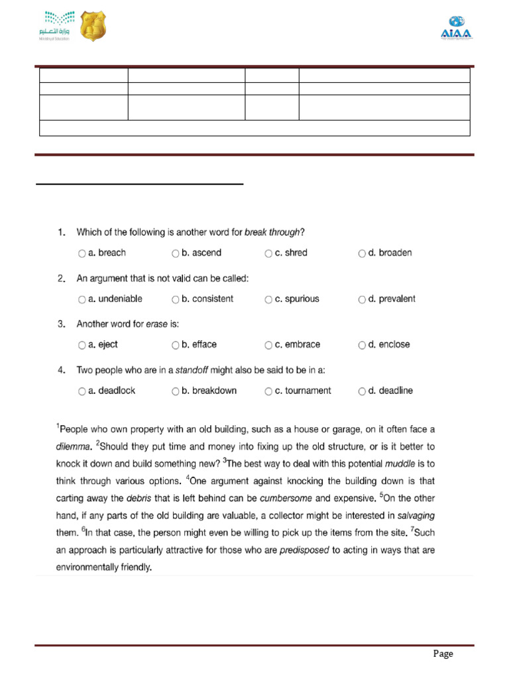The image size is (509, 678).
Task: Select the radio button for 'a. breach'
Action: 82,253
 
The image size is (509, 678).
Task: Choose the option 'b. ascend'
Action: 176,253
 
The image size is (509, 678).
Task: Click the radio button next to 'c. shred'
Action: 268,253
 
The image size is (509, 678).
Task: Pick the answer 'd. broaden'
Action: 362,253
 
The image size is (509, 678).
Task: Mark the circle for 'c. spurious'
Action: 268,299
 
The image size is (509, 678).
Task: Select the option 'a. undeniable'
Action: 82,299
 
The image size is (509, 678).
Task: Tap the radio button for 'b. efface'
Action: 176,345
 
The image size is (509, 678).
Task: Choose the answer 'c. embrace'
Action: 268,345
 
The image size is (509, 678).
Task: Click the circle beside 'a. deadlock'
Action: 82,391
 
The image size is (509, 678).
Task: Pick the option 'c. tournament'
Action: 268,391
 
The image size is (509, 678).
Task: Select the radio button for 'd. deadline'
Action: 362,391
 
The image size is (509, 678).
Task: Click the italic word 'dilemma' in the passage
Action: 74,446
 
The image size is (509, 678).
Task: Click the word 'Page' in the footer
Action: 443,654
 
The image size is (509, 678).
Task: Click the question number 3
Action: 61,324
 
